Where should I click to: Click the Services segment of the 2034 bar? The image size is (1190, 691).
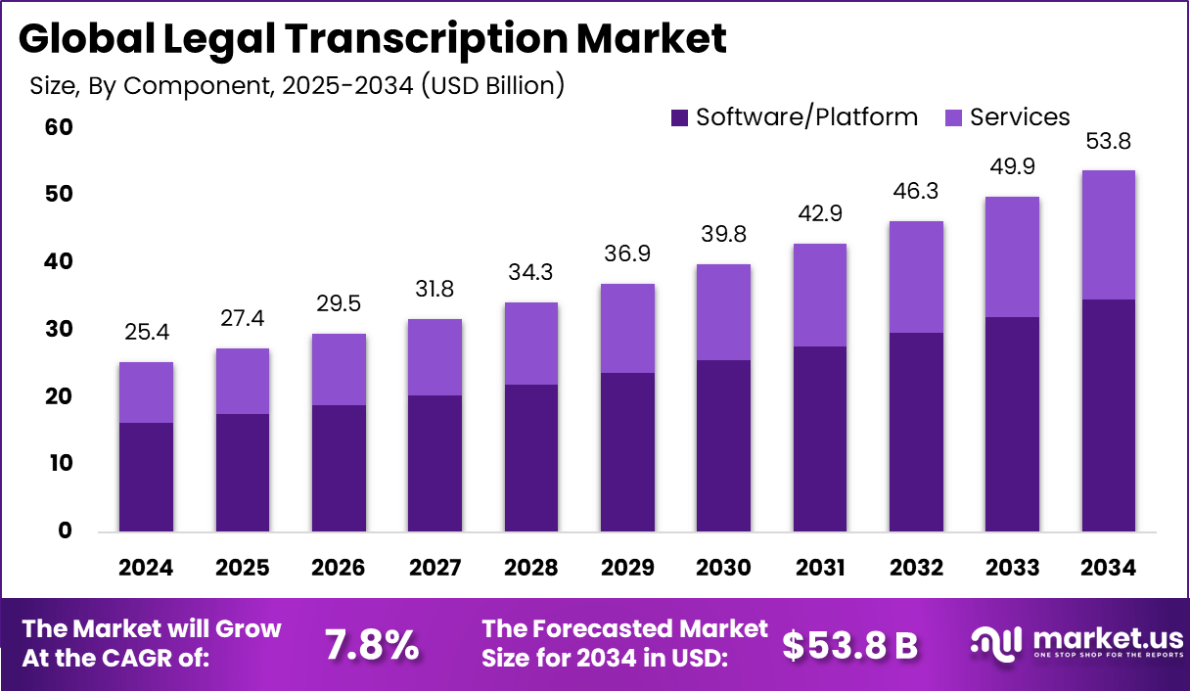[x=1109, y=235]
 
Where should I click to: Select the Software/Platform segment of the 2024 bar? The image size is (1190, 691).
[x=146, y=477]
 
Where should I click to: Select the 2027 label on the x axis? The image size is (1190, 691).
[x=435, y=569]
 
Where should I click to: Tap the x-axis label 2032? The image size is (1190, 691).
[x=916, y=569]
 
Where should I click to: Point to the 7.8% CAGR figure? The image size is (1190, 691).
[x=371, y=644]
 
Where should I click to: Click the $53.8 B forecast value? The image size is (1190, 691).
[x=849, y=644]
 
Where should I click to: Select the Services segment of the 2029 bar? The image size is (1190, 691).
[x=627, y=328]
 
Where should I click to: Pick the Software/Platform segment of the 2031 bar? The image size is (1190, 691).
[x=820, y=438]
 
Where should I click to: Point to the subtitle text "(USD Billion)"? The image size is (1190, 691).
[x=491, y=85]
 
